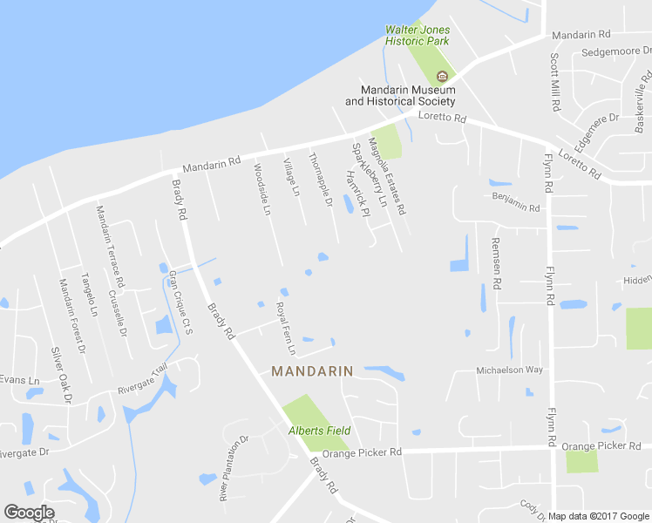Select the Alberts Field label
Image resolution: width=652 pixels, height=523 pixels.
coord(320,431)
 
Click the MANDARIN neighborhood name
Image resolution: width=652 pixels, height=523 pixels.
coord(312,371)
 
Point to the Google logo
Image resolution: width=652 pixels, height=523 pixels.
coord(29,513)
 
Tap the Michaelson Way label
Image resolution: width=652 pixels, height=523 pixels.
coord(509,370)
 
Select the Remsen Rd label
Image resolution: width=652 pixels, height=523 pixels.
coord(497,263)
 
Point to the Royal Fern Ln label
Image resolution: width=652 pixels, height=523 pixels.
coord(286,329)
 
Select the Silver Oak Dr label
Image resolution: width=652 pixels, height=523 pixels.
coord(60,375)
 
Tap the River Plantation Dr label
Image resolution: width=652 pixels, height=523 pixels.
coord(234,468)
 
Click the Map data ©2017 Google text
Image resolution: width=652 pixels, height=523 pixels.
coord(598,516)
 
